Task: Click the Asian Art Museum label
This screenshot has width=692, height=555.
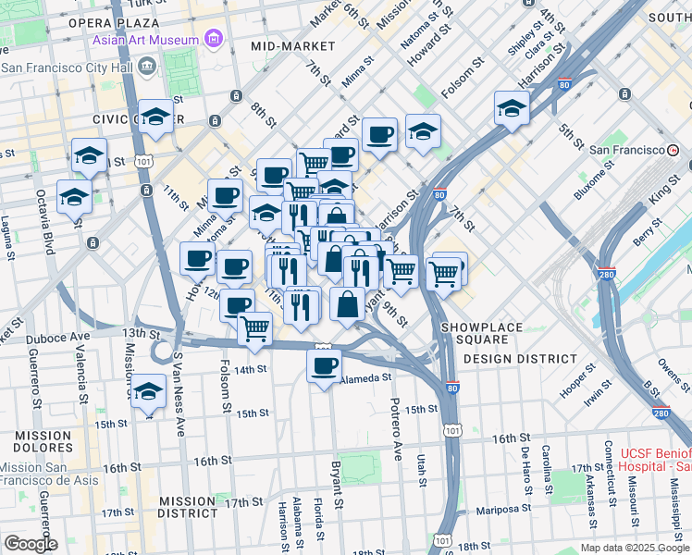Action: pos(145,40)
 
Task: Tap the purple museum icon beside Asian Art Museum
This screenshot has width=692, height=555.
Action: pos(215,40)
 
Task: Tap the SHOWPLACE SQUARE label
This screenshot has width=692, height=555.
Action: pos(481,327)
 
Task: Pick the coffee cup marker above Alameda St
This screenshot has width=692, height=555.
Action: pos(323,366)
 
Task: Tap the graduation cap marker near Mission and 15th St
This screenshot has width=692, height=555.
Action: pos(148,391)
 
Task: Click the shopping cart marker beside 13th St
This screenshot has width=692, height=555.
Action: pos(254,327)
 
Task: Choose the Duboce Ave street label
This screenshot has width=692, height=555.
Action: pos(57,337)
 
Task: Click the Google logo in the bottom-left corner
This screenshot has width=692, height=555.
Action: pos(30,544)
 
